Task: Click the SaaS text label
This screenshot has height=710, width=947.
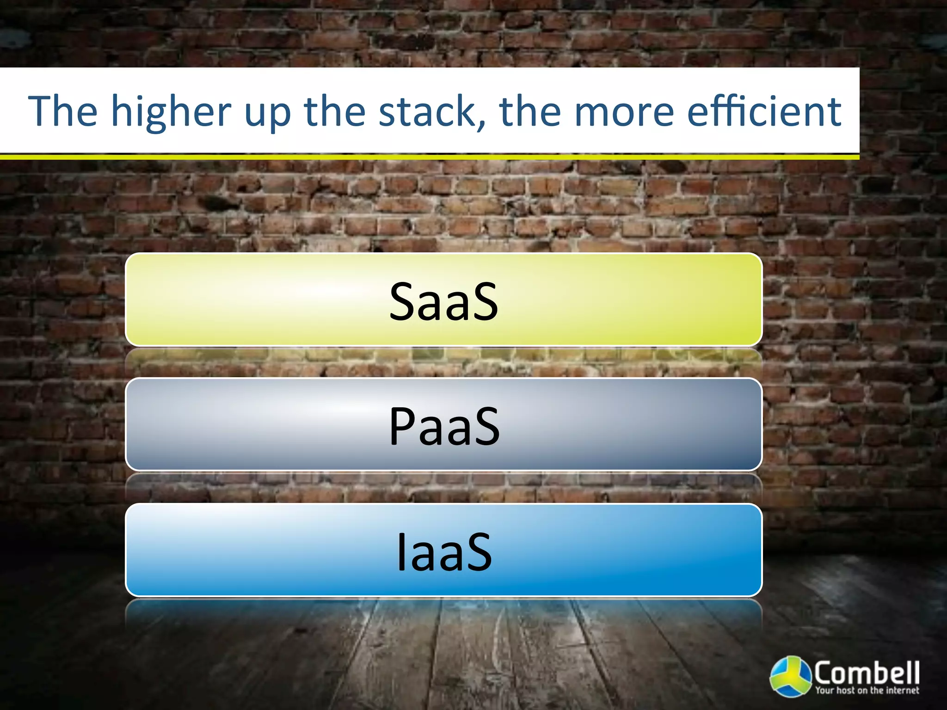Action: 443,302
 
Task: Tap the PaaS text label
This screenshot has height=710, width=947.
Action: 444,426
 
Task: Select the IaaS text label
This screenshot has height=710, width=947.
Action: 444,551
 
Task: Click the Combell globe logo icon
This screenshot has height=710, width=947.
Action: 791,676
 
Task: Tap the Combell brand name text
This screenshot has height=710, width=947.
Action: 867,672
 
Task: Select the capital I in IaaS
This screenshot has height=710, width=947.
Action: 401,551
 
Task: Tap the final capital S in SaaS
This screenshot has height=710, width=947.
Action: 484,302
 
